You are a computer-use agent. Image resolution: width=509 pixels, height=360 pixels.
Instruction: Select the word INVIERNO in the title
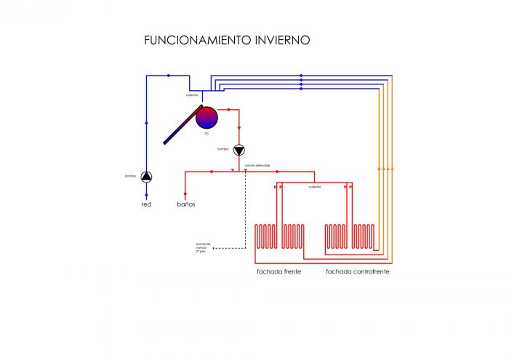(282, 40)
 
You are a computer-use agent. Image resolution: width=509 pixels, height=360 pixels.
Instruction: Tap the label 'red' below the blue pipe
(146, 204)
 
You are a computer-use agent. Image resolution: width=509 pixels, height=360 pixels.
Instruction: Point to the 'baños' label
(186, 204)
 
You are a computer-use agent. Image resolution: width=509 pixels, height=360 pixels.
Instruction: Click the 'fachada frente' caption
(278, 271)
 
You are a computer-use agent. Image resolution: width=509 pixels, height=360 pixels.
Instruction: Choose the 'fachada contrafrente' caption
(357, 271)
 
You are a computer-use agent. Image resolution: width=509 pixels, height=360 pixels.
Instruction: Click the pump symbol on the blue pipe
(146, 176)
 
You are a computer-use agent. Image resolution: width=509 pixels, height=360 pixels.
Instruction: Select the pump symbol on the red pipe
(239, 149)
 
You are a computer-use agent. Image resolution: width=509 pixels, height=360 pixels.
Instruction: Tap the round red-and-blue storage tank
(207, 117)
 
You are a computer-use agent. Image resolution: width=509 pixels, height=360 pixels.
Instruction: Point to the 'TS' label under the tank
(207, 134)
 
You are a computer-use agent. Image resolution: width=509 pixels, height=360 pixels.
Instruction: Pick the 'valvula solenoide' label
(257, 166)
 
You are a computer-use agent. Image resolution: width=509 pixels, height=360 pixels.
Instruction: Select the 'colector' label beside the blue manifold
(191, 95)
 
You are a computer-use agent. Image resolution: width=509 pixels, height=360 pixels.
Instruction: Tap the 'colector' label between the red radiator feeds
(314, 187)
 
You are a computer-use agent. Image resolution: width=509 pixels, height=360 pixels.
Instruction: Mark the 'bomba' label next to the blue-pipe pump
(131, 176)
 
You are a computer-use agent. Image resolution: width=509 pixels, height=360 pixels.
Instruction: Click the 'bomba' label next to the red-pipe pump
(223, 149)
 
